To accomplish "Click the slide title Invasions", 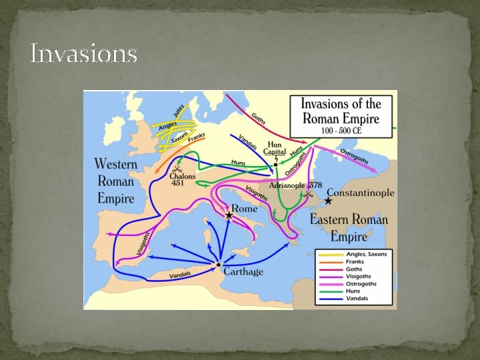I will [84, 53].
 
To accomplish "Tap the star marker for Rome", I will [229, 215].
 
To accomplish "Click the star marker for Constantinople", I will [328, 201].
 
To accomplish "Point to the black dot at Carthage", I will [218, 265].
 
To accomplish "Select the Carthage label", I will [243, 271].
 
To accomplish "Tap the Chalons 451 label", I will [182, 178].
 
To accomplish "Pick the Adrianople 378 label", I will [295, 185].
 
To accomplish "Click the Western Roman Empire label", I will [115, 181].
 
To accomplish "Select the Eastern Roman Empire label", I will [348, 227].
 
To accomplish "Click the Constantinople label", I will [361, 193].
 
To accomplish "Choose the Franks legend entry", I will [357, 261].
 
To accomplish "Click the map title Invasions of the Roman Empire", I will [341, 111].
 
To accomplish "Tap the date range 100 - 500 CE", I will [341, 131].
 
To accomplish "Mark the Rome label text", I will [248, 207].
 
